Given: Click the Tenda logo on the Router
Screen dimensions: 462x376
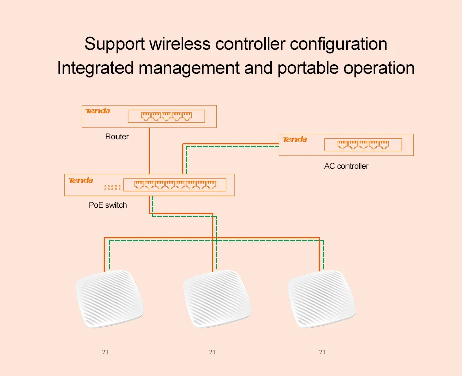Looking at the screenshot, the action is (98, 111).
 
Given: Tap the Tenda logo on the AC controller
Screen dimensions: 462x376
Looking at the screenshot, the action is (295, 139).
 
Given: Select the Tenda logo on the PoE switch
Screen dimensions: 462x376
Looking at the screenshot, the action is (81, 180).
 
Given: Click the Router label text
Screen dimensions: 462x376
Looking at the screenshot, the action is (117, 137).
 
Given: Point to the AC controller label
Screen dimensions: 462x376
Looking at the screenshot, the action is (346, 166).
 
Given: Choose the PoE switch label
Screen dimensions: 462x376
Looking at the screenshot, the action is (108, 205).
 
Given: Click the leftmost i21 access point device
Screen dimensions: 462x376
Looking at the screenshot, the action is (109, 299).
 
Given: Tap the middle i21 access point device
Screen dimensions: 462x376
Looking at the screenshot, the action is (217, 299).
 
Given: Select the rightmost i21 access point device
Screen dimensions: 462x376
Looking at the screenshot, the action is (321, 299).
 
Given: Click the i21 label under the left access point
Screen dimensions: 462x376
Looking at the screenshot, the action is (104, 352).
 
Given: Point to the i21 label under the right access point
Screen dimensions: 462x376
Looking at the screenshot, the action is (321, 352).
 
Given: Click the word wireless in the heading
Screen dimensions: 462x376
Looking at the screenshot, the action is (180, 44).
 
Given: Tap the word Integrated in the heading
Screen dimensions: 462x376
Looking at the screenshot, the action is (95, 68).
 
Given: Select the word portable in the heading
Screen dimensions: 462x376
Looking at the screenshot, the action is (308, 68).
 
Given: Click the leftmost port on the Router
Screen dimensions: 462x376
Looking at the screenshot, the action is (146, 116).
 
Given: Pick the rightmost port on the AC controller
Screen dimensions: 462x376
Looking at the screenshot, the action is (384, 145).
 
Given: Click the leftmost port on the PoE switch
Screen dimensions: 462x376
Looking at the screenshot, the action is (139, 185).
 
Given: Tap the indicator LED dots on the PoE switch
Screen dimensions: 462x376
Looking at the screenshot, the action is (112, 188).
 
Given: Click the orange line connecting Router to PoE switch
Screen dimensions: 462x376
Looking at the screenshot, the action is (149, 151).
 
